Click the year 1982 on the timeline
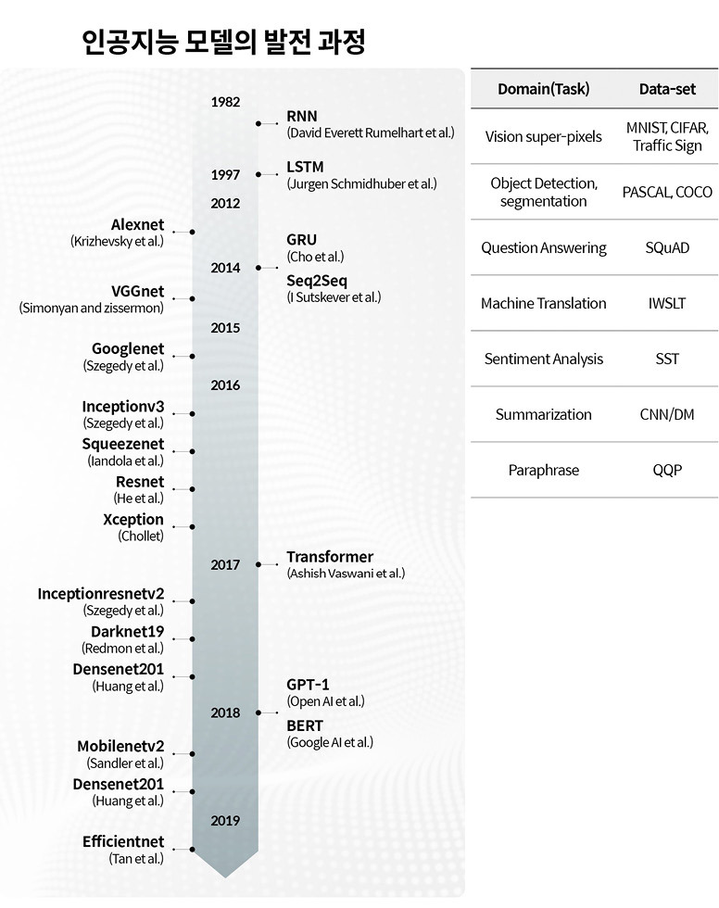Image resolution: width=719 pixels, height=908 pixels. [x=225, y=101]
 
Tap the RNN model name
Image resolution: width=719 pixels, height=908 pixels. [x=302, y=116]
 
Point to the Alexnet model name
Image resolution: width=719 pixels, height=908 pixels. [x=137, y=224]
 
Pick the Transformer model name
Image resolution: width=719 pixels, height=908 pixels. [x=330, y=557]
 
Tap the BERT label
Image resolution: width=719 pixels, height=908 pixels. [x=306, y=725]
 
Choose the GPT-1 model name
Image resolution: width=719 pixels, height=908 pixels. [x=308, y=685]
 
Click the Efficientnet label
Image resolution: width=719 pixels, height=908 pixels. [x=122, y=841]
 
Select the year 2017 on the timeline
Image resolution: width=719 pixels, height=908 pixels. [x=225, y=564]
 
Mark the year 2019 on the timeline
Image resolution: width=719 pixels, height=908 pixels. [x=225, y=820]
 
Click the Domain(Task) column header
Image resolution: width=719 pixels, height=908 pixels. [x=543, y=90]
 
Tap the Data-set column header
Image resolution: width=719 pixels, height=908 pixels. [x=667, y=90]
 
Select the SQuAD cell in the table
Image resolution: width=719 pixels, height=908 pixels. [x=667, y=247]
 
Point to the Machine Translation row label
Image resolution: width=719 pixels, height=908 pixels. [x=543, y=303]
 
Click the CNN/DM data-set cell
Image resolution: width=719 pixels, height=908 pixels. [x=667, y=414]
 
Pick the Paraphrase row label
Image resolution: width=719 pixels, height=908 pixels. [x=543, y=470]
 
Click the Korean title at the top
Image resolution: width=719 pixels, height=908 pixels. [x=224, y=41]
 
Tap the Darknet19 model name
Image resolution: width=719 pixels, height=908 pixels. [x=127, y=632]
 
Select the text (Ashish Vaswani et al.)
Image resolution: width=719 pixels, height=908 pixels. [x=346, y=574]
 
